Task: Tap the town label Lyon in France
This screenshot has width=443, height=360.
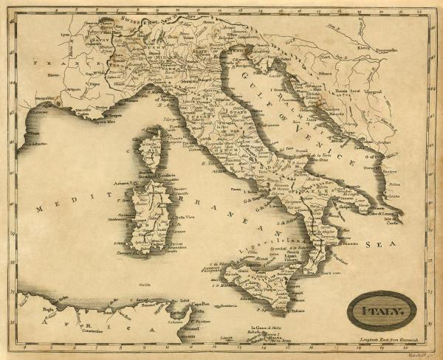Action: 66,34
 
